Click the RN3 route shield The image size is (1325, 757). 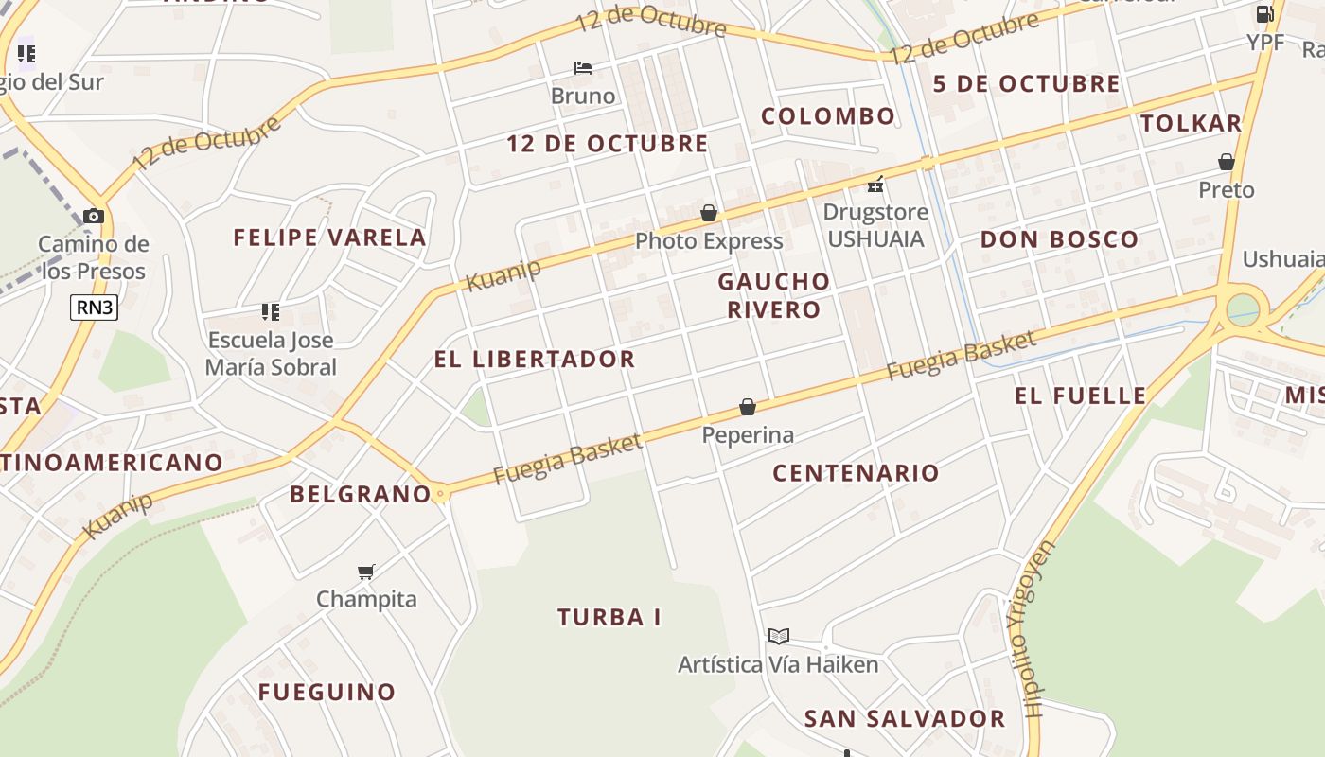94,307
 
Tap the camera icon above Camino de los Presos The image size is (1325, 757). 93,216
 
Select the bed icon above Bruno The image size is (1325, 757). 583,68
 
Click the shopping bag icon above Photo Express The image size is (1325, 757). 709,213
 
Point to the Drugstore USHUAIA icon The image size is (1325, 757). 876,184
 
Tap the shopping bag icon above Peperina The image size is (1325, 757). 748,407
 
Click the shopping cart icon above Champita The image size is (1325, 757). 366,572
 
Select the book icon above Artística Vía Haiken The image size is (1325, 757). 779,636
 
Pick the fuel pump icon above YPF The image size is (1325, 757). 1264,13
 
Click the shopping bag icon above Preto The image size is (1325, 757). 1227,162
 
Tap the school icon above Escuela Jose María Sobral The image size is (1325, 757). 271,311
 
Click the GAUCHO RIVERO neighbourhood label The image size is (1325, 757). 774,295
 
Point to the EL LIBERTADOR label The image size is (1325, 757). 535,360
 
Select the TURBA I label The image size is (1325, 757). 609,618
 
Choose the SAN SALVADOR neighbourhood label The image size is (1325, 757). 905,719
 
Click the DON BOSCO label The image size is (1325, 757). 1059,239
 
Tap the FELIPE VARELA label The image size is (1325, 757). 330,238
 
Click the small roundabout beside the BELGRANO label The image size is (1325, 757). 440,494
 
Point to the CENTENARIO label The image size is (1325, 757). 857,473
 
